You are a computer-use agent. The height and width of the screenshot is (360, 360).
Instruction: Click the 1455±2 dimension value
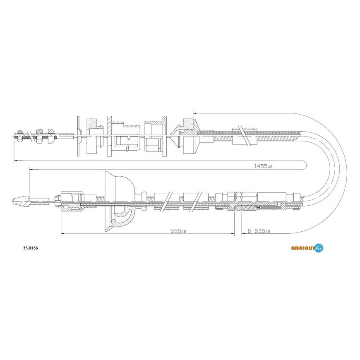tap(263, 166)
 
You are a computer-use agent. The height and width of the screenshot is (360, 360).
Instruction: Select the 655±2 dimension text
tap(178, 231)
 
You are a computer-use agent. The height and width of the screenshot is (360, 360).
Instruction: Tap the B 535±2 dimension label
tap(259, 231)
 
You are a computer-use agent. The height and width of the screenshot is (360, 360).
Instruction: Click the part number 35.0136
tap(31, 248)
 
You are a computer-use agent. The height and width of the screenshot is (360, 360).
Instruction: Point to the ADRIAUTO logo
tap(307, 248)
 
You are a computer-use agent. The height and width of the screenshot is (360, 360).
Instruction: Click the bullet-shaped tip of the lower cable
tap(21, 202)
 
